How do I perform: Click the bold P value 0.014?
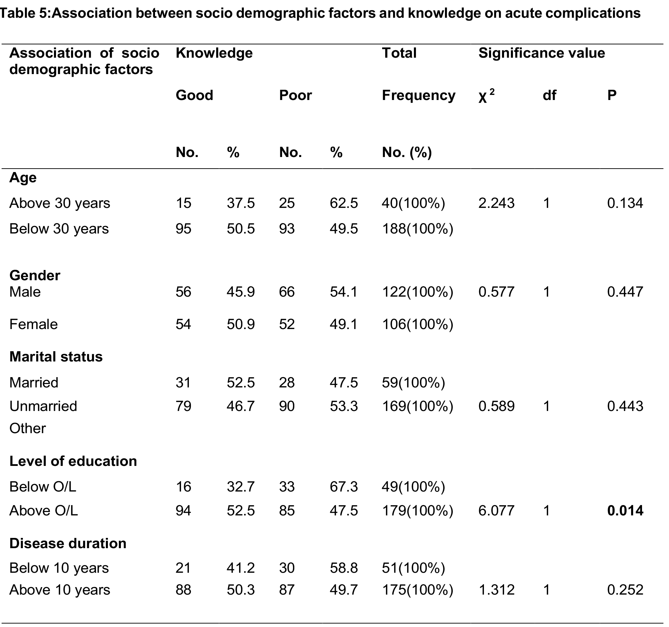click(x=625, y=511)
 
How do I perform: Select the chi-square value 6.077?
click(x=496, y=511)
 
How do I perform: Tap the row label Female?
click(x=33, y=324)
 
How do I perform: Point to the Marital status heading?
click(x=56, y=356)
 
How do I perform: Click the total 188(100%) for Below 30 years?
click(x=417, y=229)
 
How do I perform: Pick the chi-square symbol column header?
click(x=486, y=96)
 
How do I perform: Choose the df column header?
click(x=549, y=95)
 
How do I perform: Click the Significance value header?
click(x=542, y=53)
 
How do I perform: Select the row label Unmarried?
click(x=43, y=406)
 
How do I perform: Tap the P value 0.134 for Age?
click(x=625, y=203)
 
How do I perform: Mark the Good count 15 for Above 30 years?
click(x=183, y=203)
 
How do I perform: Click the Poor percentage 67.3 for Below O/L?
click(x=344, y=486)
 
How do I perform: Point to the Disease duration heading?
click(x=68, y=543)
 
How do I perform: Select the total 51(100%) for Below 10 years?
click(x=413, y=568)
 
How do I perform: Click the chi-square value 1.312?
click(x=496, y=590)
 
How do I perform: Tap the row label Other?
click(x=28, y=428)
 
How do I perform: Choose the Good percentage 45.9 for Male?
click(x=241, y=292)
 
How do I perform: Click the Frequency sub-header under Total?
click(x=419, y=96)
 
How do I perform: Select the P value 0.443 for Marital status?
click(x=625, y=406)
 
